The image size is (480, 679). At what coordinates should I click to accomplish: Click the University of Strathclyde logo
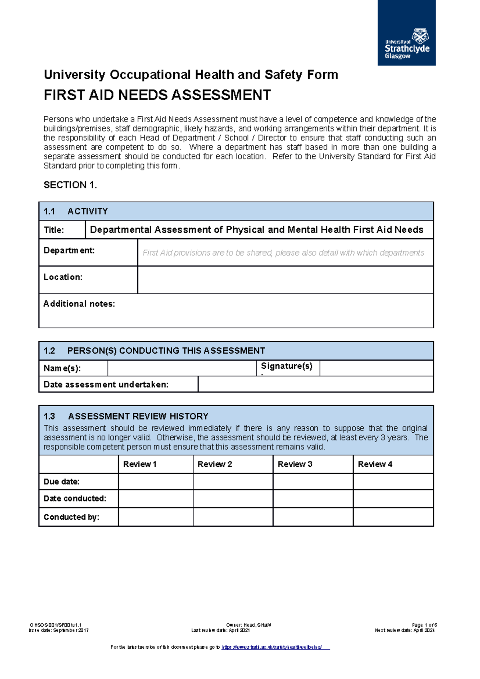click(406, 33)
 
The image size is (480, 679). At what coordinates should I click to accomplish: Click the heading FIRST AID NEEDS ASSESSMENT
click(157, 95)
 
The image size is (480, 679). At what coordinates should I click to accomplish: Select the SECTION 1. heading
click(70, 185)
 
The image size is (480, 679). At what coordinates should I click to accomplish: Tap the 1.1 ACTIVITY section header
click(76, 211)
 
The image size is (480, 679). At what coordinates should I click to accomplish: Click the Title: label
click(54, 230)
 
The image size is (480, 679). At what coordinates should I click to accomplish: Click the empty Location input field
click(285, 280)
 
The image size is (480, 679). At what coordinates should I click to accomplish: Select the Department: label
click(69, 251)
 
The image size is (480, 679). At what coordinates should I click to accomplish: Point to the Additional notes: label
click(79, 304)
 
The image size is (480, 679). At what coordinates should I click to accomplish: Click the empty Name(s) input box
click(182, 368)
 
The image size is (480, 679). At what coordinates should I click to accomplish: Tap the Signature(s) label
click(286, 366)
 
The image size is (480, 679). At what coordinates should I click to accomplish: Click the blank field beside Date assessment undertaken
click(315, 384)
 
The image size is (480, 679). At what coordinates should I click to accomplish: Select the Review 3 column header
click(295, 464)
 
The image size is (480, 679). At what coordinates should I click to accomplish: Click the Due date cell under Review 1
click(156, 482)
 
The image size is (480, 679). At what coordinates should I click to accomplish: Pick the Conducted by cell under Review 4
click(393, 517)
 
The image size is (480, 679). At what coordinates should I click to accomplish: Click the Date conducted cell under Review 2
click(233, 499)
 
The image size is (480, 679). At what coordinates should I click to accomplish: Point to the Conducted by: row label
click(71, 517)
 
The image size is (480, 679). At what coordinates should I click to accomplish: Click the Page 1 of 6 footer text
click(424, 625)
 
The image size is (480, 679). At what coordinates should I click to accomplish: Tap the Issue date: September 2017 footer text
click(59, 630)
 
